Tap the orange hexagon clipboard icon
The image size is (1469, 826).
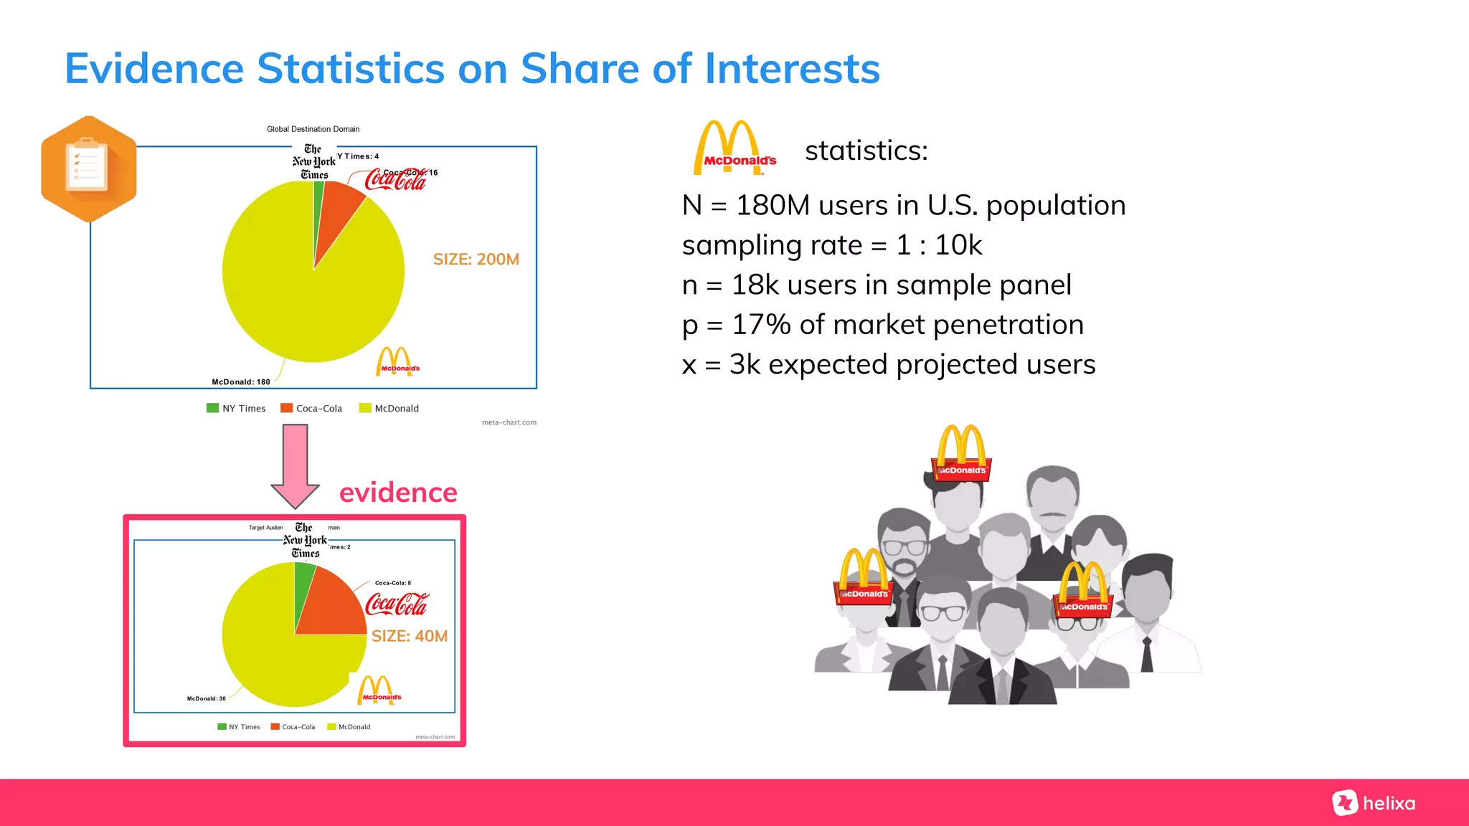click(88, 169)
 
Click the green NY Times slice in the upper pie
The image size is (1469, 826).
click(318, 208)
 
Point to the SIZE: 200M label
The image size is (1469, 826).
click(476, 260)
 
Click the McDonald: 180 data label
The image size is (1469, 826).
click(241, 382)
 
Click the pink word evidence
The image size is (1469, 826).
click(398, 493)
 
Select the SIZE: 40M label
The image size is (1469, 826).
click(409, 636)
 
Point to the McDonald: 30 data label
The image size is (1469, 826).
click(206, 698)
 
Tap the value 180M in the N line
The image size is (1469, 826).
click(773, 206)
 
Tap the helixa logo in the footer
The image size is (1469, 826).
click(1374, 803)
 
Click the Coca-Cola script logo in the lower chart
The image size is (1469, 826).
click(397, 604)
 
